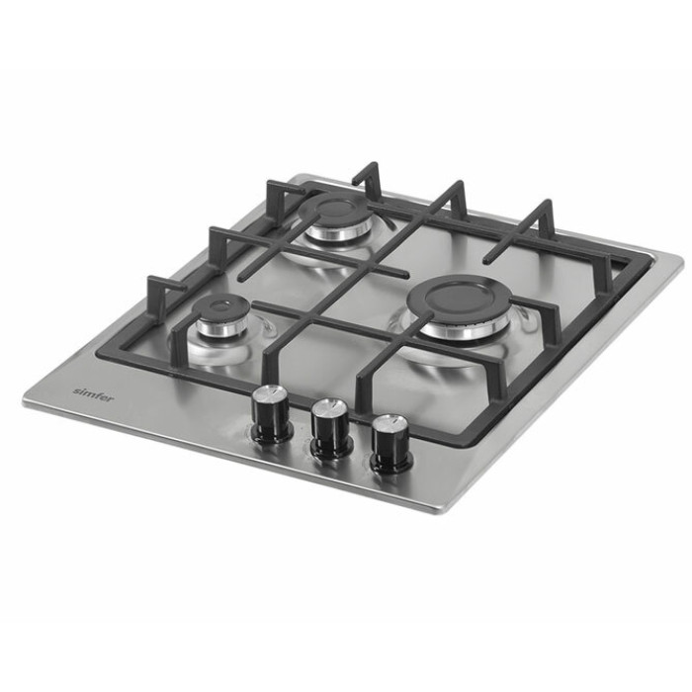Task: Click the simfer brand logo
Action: click(x=93, y=394)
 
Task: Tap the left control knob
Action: click(x=271, y=413)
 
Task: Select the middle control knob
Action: click(x=331, y=429)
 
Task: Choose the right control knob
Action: click(x=391, y=444)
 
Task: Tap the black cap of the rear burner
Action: click(x=337, y=210)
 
